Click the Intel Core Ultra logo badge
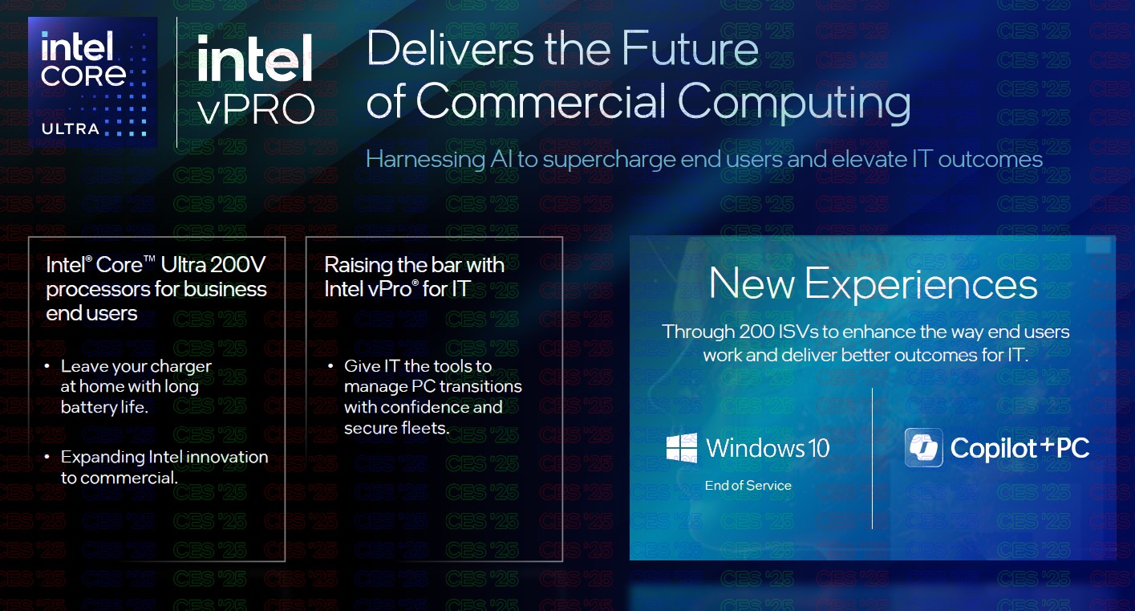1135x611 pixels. [93, 82]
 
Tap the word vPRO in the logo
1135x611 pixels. [257, 109]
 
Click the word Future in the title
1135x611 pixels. [690, 48]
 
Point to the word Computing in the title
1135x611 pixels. [794, 103]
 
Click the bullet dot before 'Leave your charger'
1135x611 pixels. [47, 366]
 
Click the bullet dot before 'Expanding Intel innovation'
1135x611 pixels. [47, 457]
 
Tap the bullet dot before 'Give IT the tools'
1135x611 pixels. [330, 366]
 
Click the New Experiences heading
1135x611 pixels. [873, 284]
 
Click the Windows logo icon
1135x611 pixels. [682, 448]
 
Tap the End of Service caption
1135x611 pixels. [748, 486]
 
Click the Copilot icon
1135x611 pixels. [924, 448]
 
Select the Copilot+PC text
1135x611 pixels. [1019, 449]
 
